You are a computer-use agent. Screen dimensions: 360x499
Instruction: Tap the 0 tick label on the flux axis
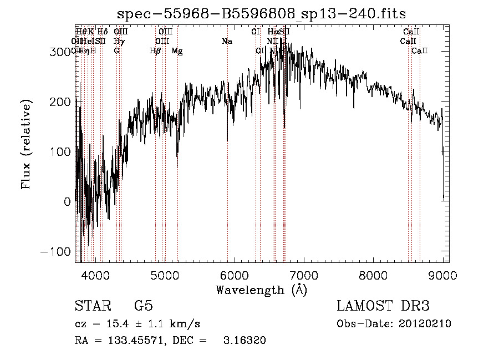click(67, 202)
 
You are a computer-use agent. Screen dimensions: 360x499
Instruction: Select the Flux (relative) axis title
click(26, 144)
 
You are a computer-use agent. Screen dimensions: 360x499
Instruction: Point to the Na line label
click(227, 41)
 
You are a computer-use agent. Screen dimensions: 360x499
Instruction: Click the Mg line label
click(177, 51)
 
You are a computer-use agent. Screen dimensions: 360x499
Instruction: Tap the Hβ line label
click(155, 51)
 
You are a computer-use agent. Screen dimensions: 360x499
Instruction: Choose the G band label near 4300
click(116, 51)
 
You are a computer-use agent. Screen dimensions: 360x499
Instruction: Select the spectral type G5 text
click(143, 306)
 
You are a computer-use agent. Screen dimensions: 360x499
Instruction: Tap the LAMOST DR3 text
click(383, 306)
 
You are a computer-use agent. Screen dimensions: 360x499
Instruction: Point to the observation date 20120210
click(424, 324)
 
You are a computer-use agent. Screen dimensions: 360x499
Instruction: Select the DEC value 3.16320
click(244, 341)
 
